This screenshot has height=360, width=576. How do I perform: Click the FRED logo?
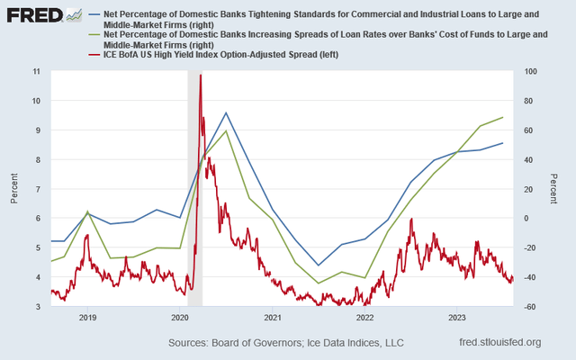click(34, 15)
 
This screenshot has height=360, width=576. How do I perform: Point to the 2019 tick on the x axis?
click(87, 318)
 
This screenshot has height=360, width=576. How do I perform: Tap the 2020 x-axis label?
click(179, 318)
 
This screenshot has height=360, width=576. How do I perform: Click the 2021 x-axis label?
click(273, 318)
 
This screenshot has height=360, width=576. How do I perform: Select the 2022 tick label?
click(364, 318)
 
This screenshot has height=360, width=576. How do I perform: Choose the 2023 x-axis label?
click(456, 318)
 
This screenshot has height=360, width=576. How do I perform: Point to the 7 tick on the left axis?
click(37, 189)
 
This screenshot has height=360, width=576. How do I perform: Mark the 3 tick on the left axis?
click(37, 307)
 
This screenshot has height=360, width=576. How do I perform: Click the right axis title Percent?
click(554, 188)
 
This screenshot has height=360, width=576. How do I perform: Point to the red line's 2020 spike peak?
click(200, 76)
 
